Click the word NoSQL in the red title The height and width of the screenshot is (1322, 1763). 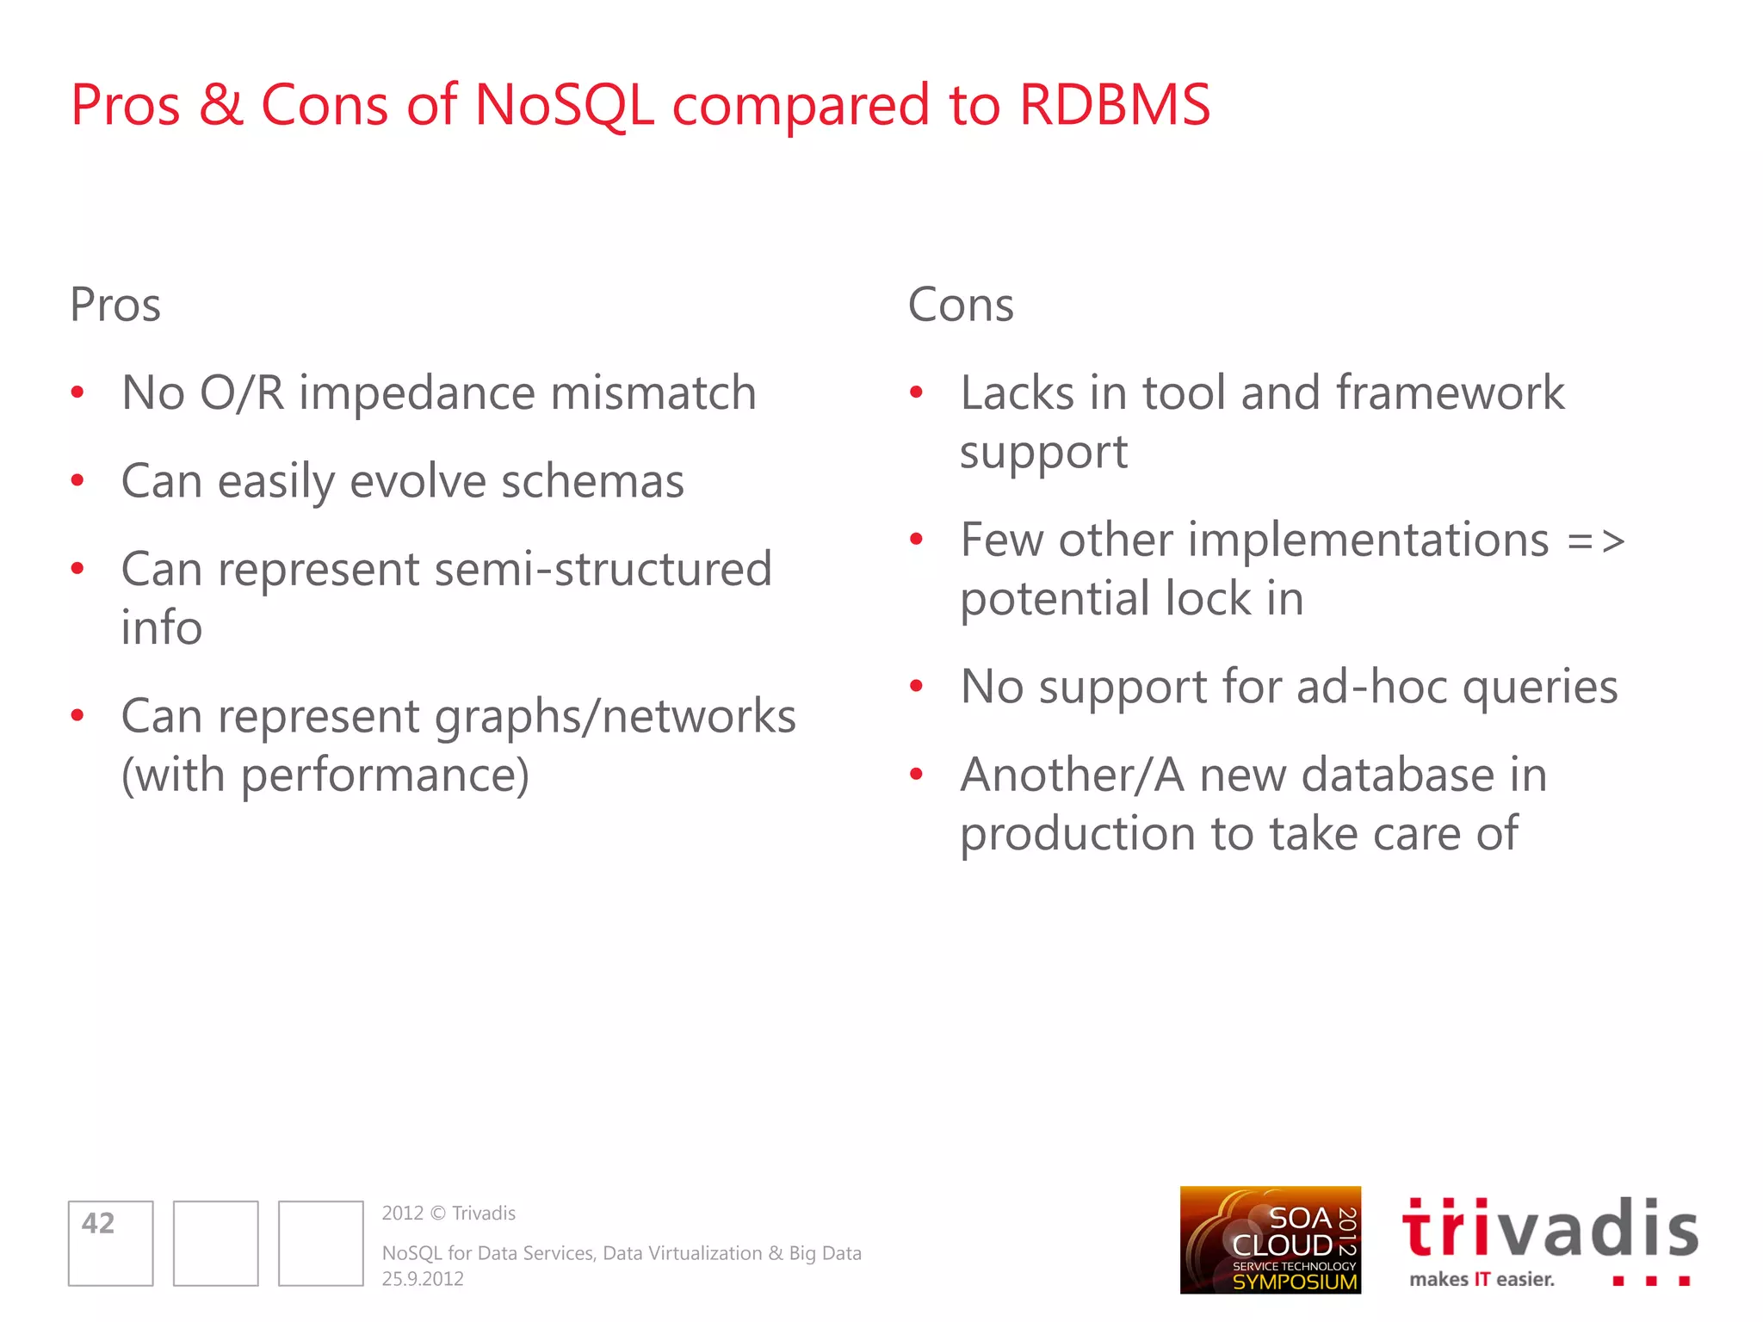click(x=564, y=105)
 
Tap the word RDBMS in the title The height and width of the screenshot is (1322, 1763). click(x=1115, y=105)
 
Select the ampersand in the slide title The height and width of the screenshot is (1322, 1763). click(x=221, y=105)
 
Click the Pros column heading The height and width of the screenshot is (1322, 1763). click(x=115, y=305)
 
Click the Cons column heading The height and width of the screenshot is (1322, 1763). click(x=961, y=305)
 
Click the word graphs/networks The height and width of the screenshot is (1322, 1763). click(x=615, y=716)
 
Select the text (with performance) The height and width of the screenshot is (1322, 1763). click(x=325, y=775)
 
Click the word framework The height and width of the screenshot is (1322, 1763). click(x=1450, y=393)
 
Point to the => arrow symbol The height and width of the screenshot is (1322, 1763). click(x=1596, y=541)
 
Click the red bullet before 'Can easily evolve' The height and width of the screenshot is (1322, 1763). click(x=77, y=481)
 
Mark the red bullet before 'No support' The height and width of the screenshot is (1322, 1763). click(x=916, y=687)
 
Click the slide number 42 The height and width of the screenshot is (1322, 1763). click(x=98, y=1223)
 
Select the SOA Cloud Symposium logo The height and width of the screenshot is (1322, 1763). click(x=1270, y=1240)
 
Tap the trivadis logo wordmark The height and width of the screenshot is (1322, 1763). click(x=1550, y=1229)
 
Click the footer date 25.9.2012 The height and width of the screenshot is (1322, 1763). click(x=423, y=1279)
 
